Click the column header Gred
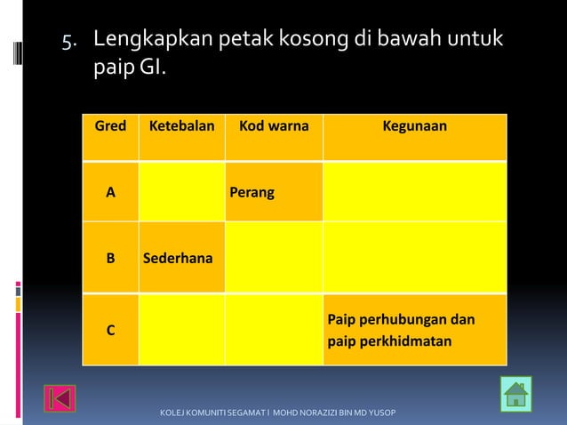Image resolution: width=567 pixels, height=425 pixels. tap(110, 126)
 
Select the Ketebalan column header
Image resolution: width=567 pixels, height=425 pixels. tap(181, 126)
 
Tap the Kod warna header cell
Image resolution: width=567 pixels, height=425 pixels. tap(274, 126)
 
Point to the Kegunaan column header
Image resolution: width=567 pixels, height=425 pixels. tap(414, 126)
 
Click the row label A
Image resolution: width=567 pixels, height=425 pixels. tap(110, 192)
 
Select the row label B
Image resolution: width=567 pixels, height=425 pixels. tap(110, 259)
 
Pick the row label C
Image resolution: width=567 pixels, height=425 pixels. tap(110, 330)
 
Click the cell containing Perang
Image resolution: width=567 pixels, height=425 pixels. tap(274, 192)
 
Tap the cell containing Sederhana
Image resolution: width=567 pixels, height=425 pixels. tap(181, 259)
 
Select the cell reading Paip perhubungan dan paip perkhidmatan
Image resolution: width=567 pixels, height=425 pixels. tap(414, 330)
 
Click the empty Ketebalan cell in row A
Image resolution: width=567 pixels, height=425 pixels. tap(181, 192)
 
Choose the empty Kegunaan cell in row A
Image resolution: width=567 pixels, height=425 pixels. tap(414, 192)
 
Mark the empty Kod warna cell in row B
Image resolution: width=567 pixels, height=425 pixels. tap(274, 259)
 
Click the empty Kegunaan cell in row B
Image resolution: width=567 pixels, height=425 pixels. tap(414, 259)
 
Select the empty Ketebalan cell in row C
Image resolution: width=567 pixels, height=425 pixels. tap(181, 330)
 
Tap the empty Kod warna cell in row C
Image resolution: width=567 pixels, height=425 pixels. tap(274, 330)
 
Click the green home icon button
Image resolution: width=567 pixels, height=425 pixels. tap(515, 394)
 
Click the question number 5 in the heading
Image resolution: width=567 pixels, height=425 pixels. tap(67, 41)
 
